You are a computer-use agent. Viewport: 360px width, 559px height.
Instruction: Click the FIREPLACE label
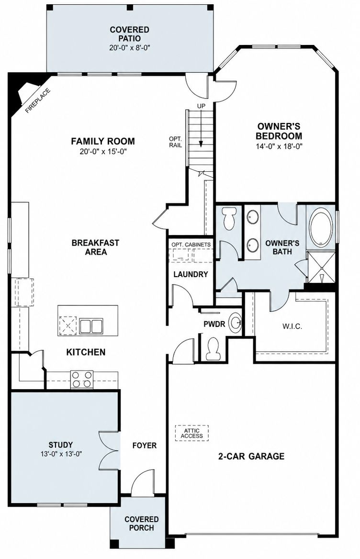click(x=38, y=101)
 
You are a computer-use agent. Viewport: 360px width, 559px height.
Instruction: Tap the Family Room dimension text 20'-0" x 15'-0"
click(x=103, y=151)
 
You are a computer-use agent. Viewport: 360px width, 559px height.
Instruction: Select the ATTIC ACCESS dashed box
click(x=192, y=433)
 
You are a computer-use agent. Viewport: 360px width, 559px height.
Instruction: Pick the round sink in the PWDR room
click(x=236, y=323)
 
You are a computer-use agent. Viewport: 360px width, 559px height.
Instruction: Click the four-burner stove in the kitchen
click(x=82, y=379)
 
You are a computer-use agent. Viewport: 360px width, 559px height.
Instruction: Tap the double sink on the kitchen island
click(x=90, y=326)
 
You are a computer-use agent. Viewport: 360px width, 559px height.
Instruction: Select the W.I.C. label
click(x=292, y=326)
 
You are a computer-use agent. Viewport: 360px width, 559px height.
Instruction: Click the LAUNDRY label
click(x=191, y=274)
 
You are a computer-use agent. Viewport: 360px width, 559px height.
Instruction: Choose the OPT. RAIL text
click(x=175, y=142)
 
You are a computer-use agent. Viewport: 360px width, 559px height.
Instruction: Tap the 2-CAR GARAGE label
click(x=251, y=456)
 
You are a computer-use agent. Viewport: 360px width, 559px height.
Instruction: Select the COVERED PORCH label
click(x=142, y=524)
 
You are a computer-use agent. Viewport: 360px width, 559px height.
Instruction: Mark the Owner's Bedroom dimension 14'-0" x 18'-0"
click(x=279, y=146)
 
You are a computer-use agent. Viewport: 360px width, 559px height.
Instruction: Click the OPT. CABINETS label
click(x=191, y=245)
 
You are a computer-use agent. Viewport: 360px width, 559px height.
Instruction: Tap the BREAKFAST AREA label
click(x=95, y=247)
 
